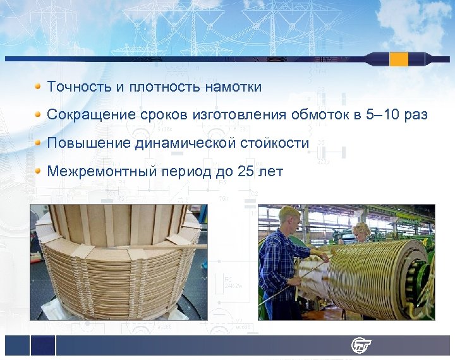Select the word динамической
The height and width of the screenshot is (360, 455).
[x=186, y=143]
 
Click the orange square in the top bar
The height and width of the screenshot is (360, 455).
[x=399, y=59]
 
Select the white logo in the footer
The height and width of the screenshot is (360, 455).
[x=361, y=345]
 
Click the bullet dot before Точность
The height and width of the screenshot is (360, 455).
[x=39, y=87]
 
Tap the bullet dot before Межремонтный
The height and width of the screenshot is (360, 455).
[x=39, y=171]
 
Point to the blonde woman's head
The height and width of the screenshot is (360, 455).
[x=361, y=230]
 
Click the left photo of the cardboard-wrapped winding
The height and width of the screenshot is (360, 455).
[x=118, y=262]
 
